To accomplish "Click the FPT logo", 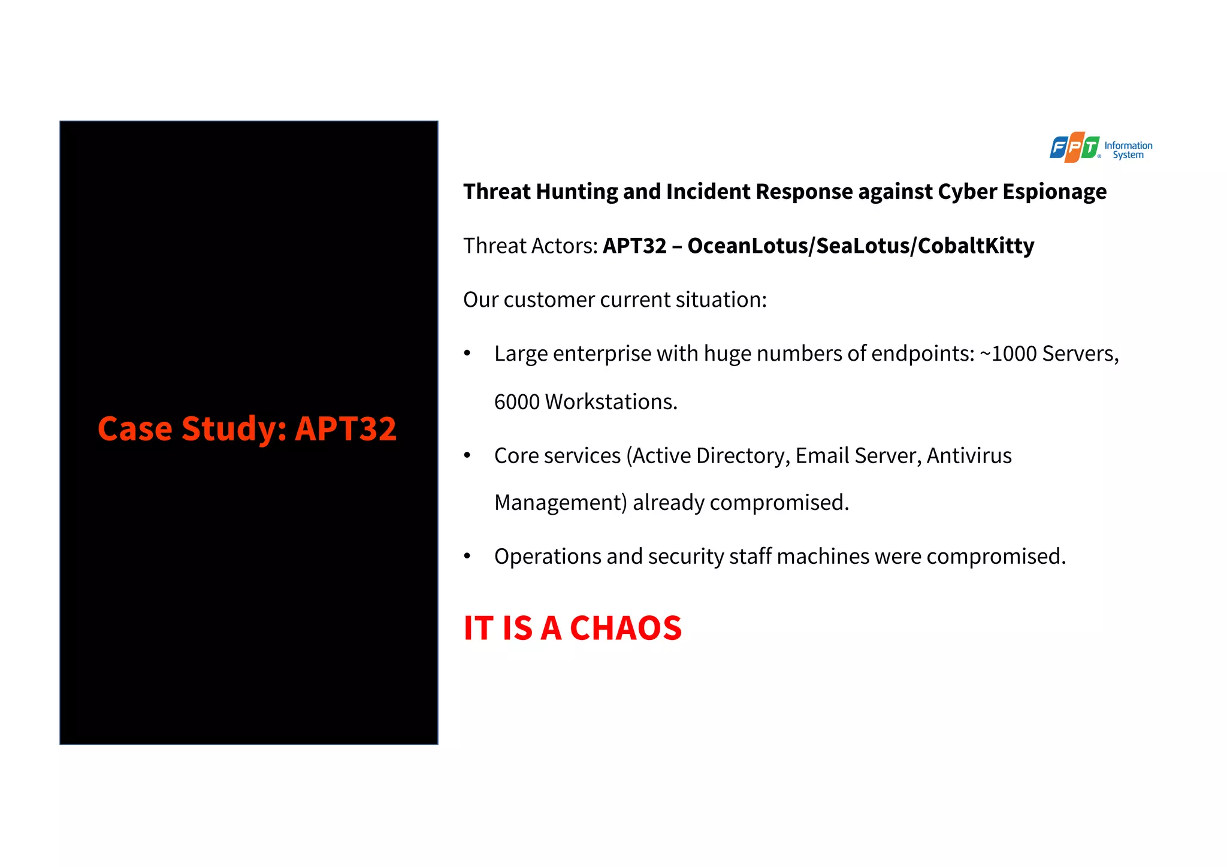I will (x=1074, y=147).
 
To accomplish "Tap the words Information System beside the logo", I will (x=1128, y=150).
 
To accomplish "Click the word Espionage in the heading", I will (x=1054, y=192).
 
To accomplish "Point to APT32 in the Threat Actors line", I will (x=634, y=246).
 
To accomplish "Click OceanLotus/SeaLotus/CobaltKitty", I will (x=860, y=246).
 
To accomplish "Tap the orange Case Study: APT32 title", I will (x=247, y=429).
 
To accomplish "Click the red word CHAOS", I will (x=625, y=628).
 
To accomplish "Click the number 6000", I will (x=517, y=401).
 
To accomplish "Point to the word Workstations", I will (x=611, y=401).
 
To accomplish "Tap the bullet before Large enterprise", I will (x=467, y=354).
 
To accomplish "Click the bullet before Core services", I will (x=467, y=455).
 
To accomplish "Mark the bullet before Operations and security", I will (x=467, y=557).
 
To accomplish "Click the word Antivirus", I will (x=969, y=455).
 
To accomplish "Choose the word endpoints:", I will (x=923, y=354).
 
